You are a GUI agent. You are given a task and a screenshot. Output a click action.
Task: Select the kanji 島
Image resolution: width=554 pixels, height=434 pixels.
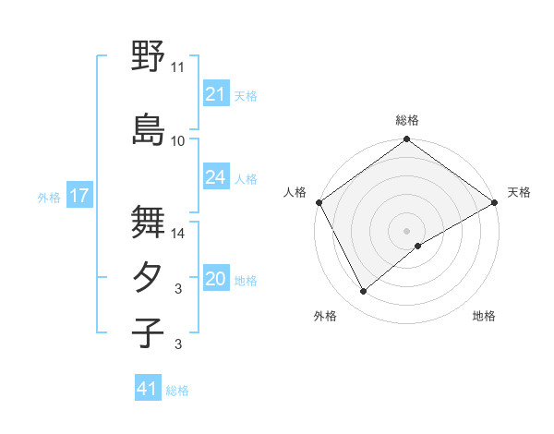coord(148,129)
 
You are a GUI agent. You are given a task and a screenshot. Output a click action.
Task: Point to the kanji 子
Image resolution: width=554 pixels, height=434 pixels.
coord(148,332)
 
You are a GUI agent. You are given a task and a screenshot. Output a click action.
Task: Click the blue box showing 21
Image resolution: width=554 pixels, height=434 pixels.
coord(215,94)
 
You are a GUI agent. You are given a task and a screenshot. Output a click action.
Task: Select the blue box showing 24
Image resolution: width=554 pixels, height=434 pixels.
coord(215,177)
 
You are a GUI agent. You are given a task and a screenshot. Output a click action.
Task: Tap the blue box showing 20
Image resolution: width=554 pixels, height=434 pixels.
coord(215,279)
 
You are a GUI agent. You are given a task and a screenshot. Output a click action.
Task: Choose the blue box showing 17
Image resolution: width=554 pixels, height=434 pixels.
coord(78,196)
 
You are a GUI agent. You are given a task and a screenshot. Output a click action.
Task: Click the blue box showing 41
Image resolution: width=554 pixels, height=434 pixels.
coord(148,389)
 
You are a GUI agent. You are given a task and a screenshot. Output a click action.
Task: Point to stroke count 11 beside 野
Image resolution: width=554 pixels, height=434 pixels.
coord(178,67)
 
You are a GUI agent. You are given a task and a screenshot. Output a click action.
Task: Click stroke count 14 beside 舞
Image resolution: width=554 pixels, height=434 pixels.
coord(178,234)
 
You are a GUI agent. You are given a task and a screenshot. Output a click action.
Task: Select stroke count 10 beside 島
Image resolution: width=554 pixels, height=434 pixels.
coord(178,141)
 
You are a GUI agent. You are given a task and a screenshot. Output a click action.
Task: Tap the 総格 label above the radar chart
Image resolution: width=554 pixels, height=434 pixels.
coord(407,120)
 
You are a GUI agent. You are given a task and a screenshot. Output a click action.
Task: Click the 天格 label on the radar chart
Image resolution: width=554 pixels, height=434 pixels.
coord(519,192)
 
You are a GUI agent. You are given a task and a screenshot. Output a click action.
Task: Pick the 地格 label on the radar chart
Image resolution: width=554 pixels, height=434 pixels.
coord(484,316)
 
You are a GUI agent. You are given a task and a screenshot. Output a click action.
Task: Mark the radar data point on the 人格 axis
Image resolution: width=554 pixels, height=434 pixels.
coord(319,201)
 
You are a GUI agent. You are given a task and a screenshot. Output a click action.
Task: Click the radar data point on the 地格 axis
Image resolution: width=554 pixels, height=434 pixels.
coord(419,246)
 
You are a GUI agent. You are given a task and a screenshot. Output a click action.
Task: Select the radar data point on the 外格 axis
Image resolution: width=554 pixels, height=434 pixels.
coord(363,292)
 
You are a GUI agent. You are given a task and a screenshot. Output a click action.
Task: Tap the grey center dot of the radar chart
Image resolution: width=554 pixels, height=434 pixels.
coord(406,229)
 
